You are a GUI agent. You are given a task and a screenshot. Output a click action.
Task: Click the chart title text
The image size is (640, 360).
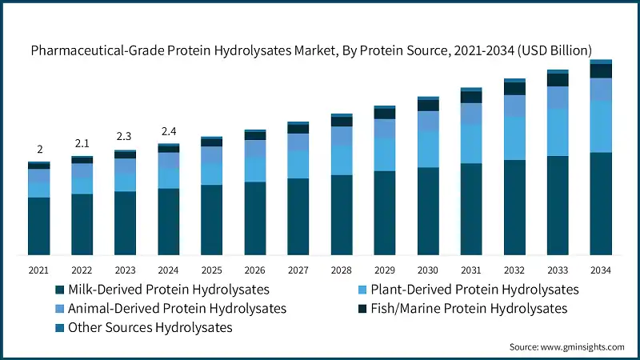[x=320, y=50]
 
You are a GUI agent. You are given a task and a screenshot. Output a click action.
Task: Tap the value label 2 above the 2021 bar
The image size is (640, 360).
[x=39, y=150]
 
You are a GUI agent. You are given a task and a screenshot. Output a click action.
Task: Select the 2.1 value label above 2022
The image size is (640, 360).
[x=82, y=143]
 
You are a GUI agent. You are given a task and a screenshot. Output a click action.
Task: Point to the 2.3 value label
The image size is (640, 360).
[x=125, y=137]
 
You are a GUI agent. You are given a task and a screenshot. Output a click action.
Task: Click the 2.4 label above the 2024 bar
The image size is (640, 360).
[x=169, y=130]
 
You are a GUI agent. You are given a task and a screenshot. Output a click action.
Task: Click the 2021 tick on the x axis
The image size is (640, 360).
[x=39, y=270]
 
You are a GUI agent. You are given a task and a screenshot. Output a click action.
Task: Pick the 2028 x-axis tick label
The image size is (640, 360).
[x=342, y=270]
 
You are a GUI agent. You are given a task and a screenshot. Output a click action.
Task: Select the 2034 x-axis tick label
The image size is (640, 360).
[x=601, y=270]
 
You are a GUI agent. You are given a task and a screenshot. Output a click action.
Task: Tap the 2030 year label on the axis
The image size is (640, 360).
[x=428, y=270]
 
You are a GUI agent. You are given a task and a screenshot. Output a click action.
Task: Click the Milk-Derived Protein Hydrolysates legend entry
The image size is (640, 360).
[x=168, y=289]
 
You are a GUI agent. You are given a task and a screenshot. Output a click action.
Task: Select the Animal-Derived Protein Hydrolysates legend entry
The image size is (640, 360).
[x=177, y=308]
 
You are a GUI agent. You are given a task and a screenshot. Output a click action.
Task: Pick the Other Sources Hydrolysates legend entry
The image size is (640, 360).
[x=150, y=327]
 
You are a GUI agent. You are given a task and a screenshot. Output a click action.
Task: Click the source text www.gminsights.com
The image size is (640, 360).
[x=567, y=346]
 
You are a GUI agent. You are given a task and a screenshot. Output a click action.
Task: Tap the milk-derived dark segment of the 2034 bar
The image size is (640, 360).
[x=601, y=204]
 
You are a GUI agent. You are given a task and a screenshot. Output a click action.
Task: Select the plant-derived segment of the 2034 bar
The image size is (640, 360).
[x=601, y=126]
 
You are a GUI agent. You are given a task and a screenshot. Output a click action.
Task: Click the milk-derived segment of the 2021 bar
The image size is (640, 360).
[x=39, y=226]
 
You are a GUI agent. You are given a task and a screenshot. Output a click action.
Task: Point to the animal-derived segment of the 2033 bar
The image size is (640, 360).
[x=558, y=97]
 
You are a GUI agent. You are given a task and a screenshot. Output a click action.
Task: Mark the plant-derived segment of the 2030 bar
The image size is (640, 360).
[x=428, y=149]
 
